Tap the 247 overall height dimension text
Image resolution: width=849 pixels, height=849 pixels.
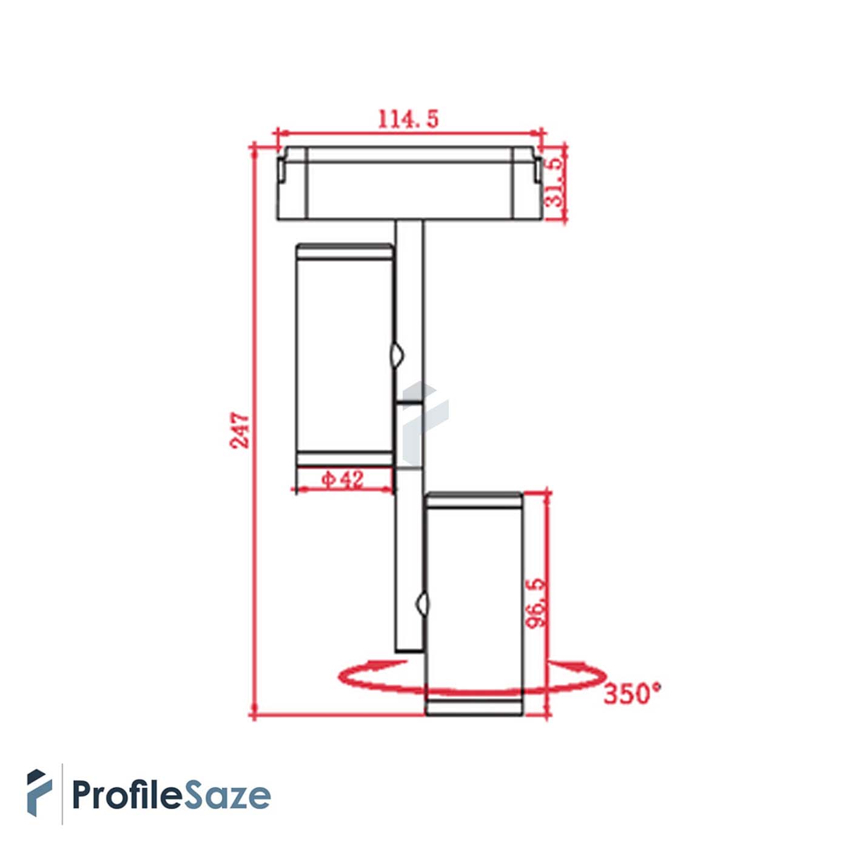pyautogui.click(x=240, y=430)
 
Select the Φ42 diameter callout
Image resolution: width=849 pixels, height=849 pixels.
pyautogui.click(x=343, y=479)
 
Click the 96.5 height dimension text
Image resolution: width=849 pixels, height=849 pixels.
pyautogui.click(x=536, y=603)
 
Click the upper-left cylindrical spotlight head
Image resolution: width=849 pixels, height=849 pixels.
pyautogui.click(x=344, y=354)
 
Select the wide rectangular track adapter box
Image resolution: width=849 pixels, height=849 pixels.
pyautogui.click(x=409, y=183)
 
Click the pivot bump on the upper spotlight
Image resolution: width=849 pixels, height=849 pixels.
pyautogui.click(x=397, y=354)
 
